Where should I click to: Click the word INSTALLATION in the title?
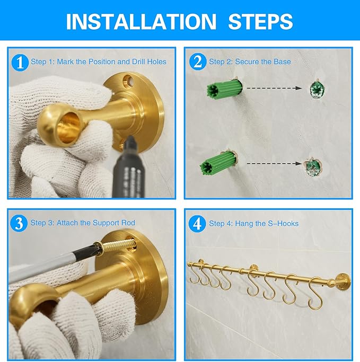pos(141,22)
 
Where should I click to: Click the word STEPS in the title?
pos(260,22)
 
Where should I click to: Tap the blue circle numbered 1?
pos(20,63)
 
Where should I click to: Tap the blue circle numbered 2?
pos(198,61)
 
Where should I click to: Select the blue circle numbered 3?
pos(19,223)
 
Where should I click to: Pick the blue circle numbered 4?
pos(197,224)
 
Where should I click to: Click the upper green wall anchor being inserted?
pos(224,89)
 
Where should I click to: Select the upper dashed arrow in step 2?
pos(274,88)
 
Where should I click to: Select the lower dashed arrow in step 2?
pos(274,163)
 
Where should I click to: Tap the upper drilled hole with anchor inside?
pos(317,89)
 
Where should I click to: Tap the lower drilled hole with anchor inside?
pos(313,167)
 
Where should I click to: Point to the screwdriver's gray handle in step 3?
pos(44,267)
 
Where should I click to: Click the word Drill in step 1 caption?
pos(139,61)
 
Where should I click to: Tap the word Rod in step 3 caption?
pos(129,223)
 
